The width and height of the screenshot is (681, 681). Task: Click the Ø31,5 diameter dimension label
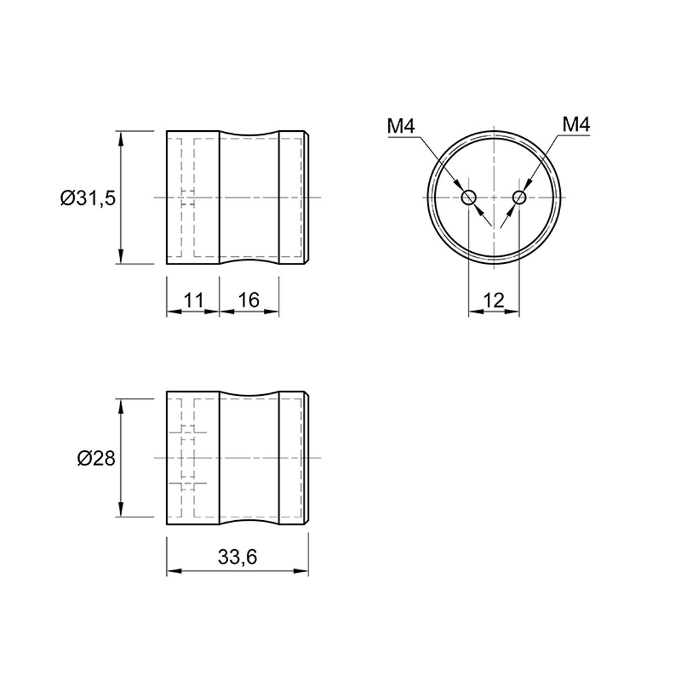click(88, 198)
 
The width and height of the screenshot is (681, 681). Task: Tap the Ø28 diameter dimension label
click(97, 458)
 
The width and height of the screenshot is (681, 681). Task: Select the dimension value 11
click(194, 300)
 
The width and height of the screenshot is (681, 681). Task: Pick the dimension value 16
click(249, 300)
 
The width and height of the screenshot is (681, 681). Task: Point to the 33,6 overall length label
click(237, 557)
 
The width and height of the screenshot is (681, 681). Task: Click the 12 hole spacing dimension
click(494, 300)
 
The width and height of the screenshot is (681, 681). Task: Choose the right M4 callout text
click(576, 125)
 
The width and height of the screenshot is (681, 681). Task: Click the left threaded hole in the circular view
click(468, 198)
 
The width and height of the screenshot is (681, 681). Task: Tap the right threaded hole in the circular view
click(520, 198)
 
